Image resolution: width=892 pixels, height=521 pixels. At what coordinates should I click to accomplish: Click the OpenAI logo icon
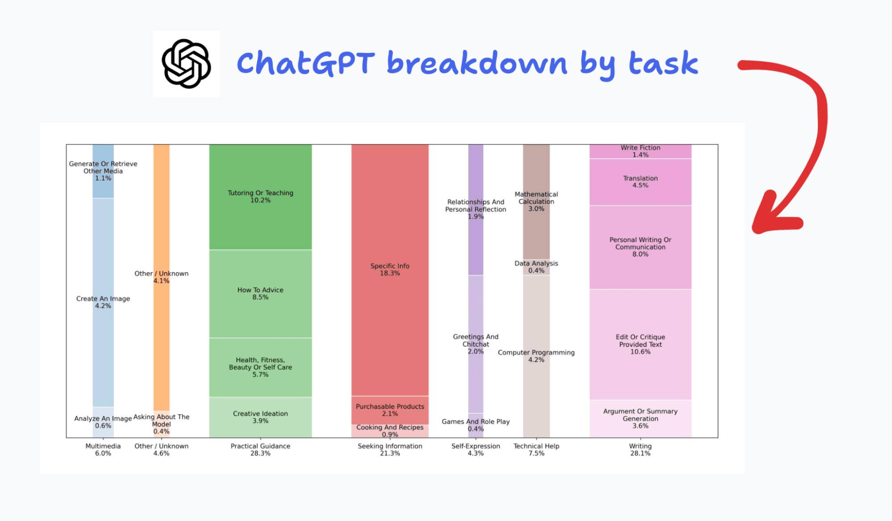(186, 63)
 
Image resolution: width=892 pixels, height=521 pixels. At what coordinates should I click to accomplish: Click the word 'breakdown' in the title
(477, 63)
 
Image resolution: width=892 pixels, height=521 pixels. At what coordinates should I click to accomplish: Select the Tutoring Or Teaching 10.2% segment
(260, 196)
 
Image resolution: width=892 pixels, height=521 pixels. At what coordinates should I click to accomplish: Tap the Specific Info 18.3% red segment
(390, 269)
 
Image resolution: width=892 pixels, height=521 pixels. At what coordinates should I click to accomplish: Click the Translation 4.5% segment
(640, 182)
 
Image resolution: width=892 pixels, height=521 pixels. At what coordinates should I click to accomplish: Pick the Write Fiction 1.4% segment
(640, 151)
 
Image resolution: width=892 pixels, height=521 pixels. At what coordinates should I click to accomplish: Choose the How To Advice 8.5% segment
(260, 293)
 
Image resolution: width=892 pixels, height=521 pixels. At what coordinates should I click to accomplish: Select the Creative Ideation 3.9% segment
(260, 417)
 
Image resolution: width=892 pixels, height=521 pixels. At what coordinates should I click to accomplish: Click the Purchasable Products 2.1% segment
(390, 410)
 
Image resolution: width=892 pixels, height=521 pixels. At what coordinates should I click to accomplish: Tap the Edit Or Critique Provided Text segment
(640, 344)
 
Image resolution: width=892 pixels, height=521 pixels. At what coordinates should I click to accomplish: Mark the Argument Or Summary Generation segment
(640, 418)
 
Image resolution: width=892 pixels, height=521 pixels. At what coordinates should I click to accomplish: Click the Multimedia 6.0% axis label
(103, 450)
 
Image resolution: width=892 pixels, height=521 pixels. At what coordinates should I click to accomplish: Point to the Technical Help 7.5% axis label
(536, 450)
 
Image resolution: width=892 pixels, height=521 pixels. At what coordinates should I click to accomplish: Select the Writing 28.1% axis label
(640, 450)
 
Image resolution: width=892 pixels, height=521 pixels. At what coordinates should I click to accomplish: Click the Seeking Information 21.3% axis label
(390, 450)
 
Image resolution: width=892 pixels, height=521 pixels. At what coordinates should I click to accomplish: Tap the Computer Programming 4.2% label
(536, 356)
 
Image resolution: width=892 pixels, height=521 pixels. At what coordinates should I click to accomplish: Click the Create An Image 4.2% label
(103, 302)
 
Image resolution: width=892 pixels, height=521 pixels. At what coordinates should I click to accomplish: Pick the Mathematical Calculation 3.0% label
(536, 201)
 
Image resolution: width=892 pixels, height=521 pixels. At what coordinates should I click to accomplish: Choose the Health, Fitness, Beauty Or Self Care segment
(260, 367)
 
